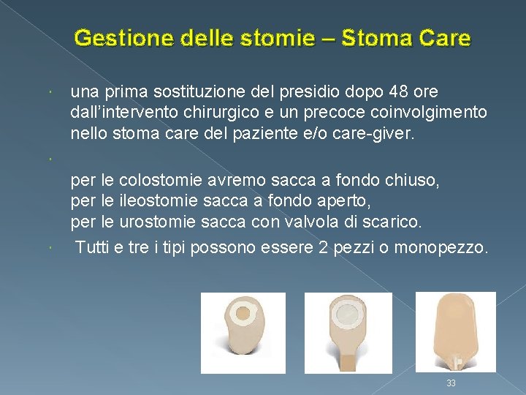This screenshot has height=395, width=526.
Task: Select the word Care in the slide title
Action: click(446, 37)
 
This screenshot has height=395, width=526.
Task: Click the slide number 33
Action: click(451, 383)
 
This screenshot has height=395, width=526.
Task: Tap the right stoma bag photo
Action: click(455, 331)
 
